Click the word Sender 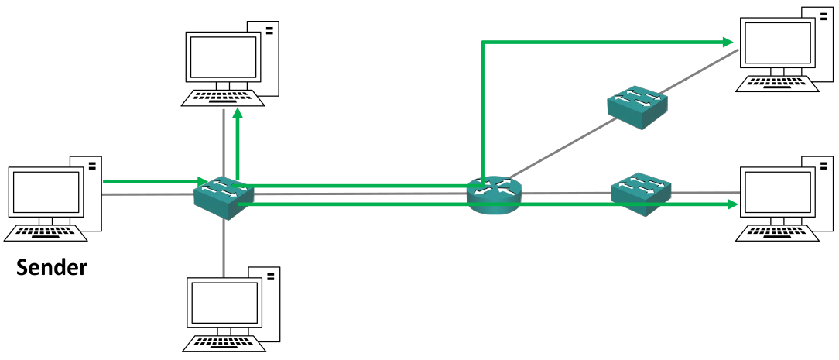point(53,268)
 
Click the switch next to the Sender point(224,197)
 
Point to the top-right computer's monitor point(778,43)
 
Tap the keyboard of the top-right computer point(777,83)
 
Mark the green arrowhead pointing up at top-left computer point(238,114)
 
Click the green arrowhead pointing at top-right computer point(728,41)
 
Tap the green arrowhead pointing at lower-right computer point(731,204)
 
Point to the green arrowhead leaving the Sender point(199,181)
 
